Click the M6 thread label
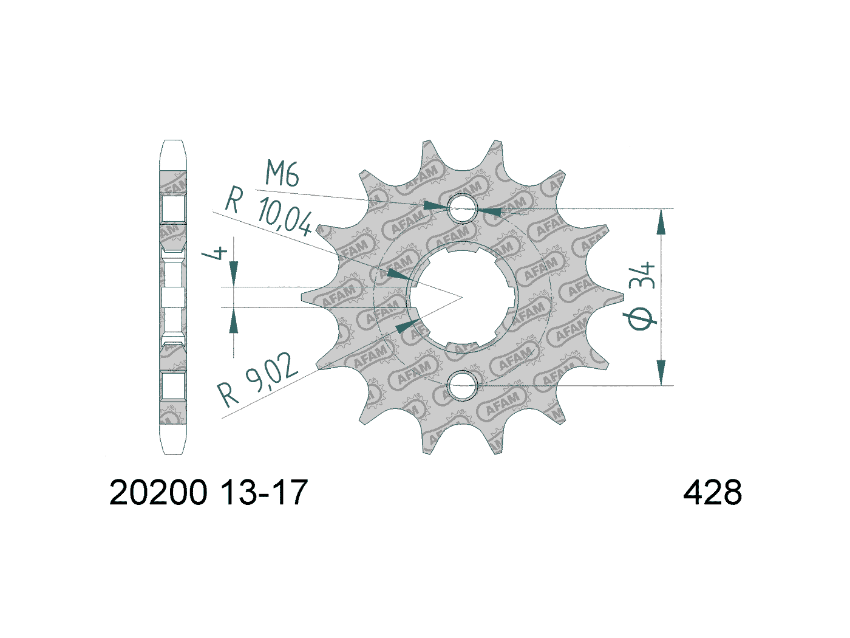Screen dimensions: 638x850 [x=282, y=174]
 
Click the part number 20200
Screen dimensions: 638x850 [x=158, y=493]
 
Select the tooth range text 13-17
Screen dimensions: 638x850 [x=263, y=493]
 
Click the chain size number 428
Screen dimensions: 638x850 [x=712, y=493]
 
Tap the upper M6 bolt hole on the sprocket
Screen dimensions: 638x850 [x=463, y=208]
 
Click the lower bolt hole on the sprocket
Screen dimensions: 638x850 [x=463, y=385]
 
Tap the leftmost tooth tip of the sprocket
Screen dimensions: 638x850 [x=303, y=297]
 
